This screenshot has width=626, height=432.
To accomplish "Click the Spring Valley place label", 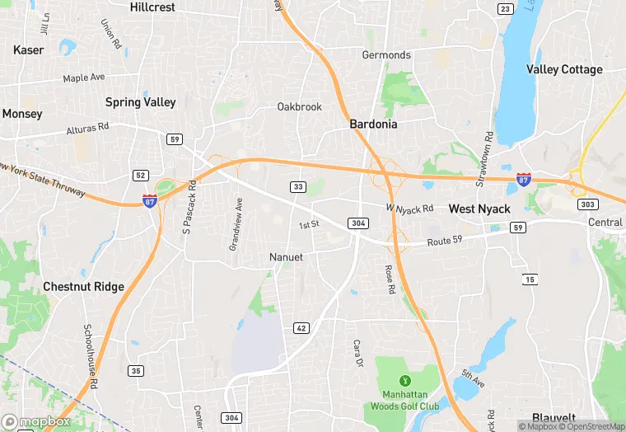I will coord(140,102).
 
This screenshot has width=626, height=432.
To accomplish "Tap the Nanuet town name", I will coord(287,257).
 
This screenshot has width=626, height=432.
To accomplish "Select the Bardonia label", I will coord(373,124).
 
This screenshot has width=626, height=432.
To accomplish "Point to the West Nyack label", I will coord(479,209).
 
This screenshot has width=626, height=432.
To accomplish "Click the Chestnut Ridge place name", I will coord(83,287).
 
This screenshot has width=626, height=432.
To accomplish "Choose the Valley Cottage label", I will coord(564,70).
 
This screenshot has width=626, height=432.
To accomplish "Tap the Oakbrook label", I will coord(299,107).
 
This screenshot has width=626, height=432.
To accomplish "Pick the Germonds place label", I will coord(386,55).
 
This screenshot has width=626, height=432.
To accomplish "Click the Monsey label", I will coord(22,114).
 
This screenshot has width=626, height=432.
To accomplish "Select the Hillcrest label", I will coord(152,7).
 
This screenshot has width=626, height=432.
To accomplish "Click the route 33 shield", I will coord(298,187).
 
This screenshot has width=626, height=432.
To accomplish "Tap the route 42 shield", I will coord(301,328).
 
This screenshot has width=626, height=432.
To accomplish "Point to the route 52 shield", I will coord(141,175).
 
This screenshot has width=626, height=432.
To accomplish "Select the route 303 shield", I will coord(588,204).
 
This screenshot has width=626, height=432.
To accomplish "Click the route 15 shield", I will coord(530,280).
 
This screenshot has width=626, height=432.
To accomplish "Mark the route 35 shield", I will coord(135,371).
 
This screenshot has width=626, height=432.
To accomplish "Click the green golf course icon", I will coord(404,380).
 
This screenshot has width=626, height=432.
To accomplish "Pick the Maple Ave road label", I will coord(85,77).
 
